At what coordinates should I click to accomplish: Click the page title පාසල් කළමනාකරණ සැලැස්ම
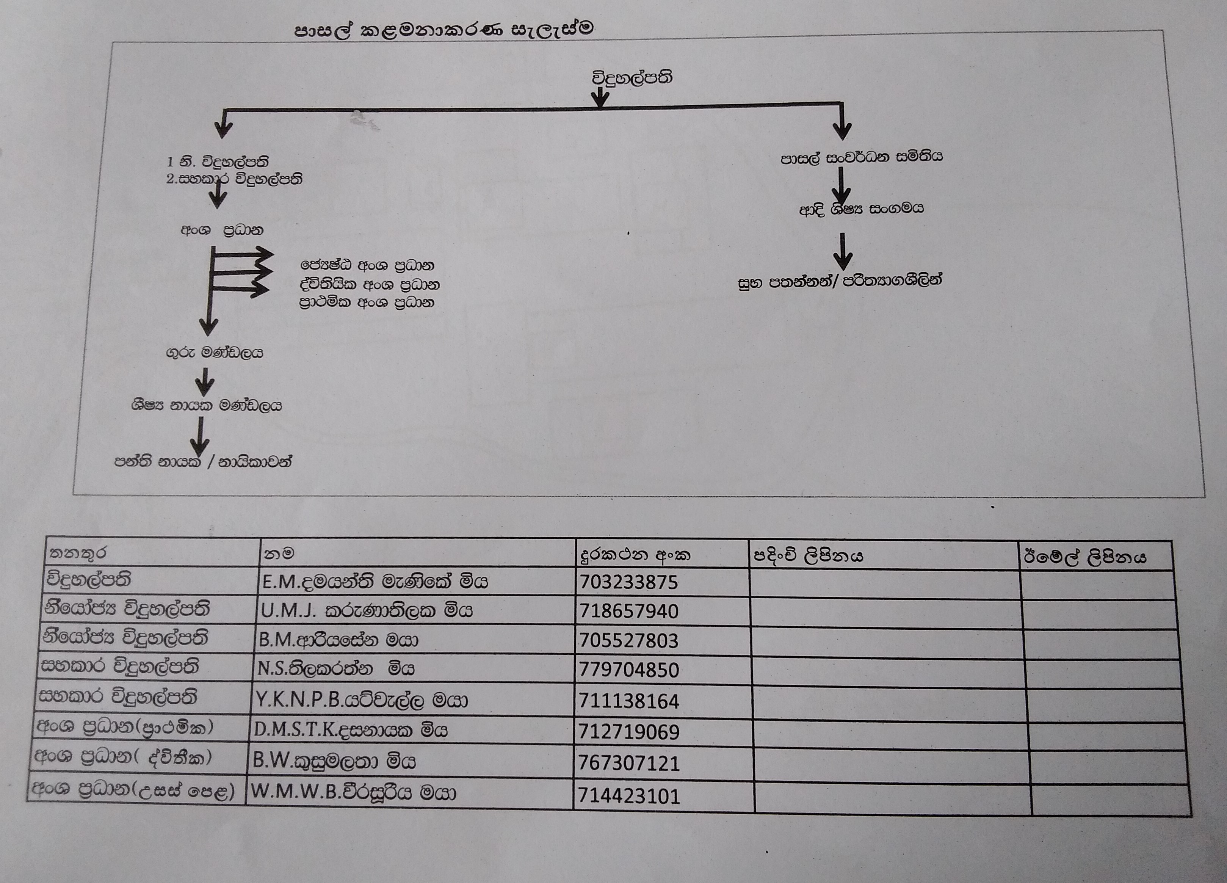pyautogui.click(x=443, y=29)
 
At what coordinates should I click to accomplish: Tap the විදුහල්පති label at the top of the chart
pyautogui.click(x=632, y=78)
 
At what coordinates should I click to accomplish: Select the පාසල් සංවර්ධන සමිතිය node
pyautogui.click(x=861, y=157)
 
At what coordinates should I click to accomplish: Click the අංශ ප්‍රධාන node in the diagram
pyautogui.click(x=222, y=231)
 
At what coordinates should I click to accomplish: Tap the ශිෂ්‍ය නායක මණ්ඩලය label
pyautogui.click(x=206, y=405)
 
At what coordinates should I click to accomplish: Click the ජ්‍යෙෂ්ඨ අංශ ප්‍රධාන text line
pyautogui.click(x=367, y=265)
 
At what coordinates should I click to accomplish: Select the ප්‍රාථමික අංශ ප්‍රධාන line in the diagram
pyautogui.click(x=367, y=303)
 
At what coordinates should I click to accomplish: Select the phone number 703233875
pyautogui.click(x=628, y=582)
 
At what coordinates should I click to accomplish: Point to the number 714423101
pyautogui.click(x=628, y=796)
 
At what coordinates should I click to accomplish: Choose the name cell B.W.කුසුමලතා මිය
pyautogui.click(x=334, y=762)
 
